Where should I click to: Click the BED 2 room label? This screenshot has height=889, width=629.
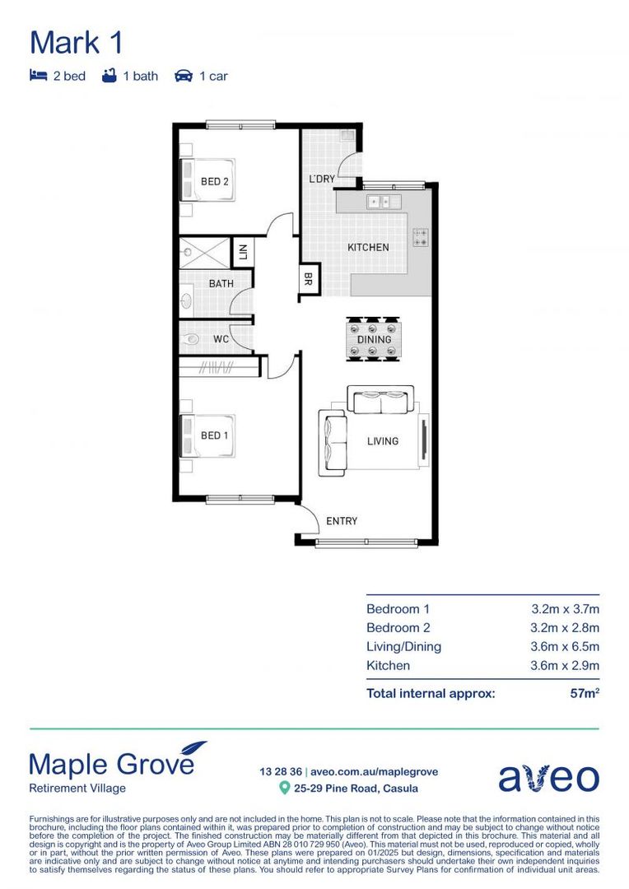pyautogui.click(x=215, y=181)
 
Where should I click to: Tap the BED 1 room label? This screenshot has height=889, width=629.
pyautogui.click(x=215, y=435)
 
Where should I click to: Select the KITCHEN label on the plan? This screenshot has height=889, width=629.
pyautogui.click(x=368, y=247)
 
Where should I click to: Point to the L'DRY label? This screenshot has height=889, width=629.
pyautogui.click(x=321, y=179)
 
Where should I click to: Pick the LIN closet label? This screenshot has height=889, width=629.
pyautogui.click(x=243, y=251)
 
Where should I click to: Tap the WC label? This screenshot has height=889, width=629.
pyautogui.click(x=221, y=338)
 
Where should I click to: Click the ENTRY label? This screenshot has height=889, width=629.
pyautogui.click(x=342, y=520)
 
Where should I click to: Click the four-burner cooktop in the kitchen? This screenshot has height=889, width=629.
pyautogui.click(x=421, y=237)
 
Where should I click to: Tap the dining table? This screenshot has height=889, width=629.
pyautogui.click(x=374, y=339)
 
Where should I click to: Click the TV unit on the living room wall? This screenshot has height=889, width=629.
pyautogui.click(x=424, y=440)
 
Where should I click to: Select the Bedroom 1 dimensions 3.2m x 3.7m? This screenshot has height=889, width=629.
pyautogui.click(x=565, y=609)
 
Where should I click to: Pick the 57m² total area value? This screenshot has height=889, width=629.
pyautogui.click(x=585, y=693)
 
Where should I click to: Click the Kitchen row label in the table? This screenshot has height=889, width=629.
pyautogui.click(x=388, y=665)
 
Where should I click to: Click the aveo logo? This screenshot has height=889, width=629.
pyautogui.click(x=548, y=776)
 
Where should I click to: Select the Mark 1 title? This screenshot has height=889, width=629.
pyautogui.click(x=77, y=42)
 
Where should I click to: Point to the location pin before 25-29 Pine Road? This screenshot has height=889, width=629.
pyautogui.click(x=285, y=788)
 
